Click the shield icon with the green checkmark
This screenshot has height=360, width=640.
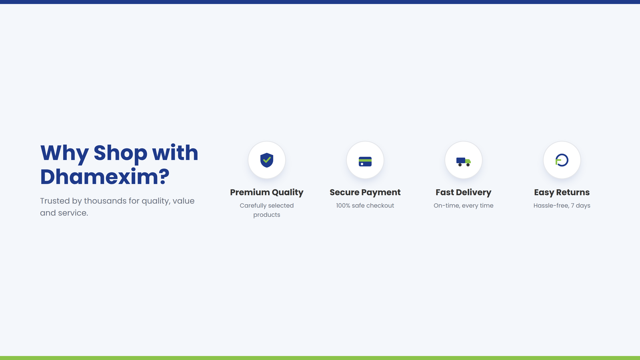point(266,160)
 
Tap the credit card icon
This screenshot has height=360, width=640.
point(365,162)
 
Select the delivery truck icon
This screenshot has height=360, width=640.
point(464,162)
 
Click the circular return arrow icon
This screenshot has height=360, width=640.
point(562,160)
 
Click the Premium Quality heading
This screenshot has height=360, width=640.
point(266,192)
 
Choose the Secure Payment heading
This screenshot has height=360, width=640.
point(365,192)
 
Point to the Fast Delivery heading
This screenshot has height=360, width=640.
point(464,192)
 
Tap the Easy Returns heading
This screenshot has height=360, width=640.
point(562,192)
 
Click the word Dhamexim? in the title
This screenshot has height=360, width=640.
point(105,176)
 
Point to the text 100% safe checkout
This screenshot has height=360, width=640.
point(365,206)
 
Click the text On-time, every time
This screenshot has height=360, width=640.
point(464,206)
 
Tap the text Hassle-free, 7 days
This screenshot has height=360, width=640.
point(562,206)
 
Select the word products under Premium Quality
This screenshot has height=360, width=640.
point(266,215)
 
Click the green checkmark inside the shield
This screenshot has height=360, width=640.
point(267,160)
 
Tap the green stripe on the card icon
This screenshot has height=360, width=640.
point(365,160)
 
